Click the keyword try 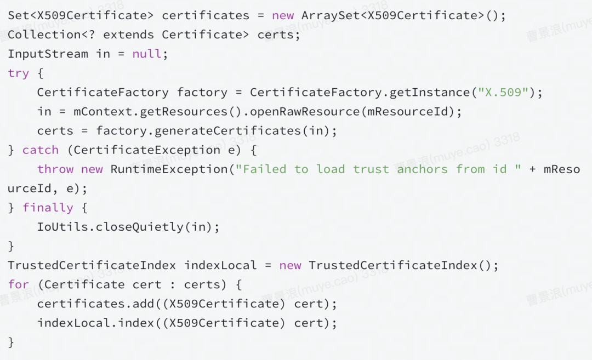(18, 73)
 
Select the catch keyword (41, 150)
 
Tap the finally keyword (48, 208)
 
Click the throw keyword (55, 169)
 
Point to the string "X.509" (504, 93)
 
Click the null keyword (147, 54)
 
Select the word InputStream (48, 54)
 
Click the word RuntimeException (169, 169)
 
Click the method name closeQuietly (140, 227)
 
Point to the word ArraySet (331, 15)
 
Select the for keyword (18, 284)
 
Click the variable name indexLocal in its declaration (220, 265)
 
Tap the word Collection (44, 35)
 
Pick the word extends (129, 35)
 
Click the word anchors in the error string (423, 169)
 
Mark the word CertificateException (147, 150)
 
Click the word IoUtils (62, 227)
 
